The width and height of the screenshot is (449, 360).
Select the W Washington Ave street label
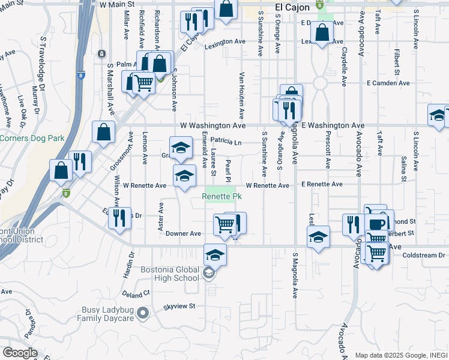click(213, 126)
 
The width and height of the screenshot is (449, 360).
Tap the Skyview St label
click(179, 307)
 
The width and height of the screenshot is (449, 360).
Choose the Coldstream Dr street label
click(424, 255)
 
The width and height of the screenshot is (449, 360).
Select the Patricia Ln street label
click(226, 142)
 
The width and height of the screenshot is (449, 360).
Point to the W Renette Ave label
click(144, 186)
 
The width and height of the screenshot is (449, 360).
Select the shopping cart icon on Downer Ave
click(224, 225)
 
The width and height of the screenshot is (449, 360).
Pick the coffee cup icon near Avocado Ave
click(376, 224)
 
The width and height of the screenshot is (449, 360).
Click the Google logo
click(20, 352)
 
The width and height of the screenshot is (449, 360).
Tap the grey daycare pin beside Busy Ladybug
click(143, 313)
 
